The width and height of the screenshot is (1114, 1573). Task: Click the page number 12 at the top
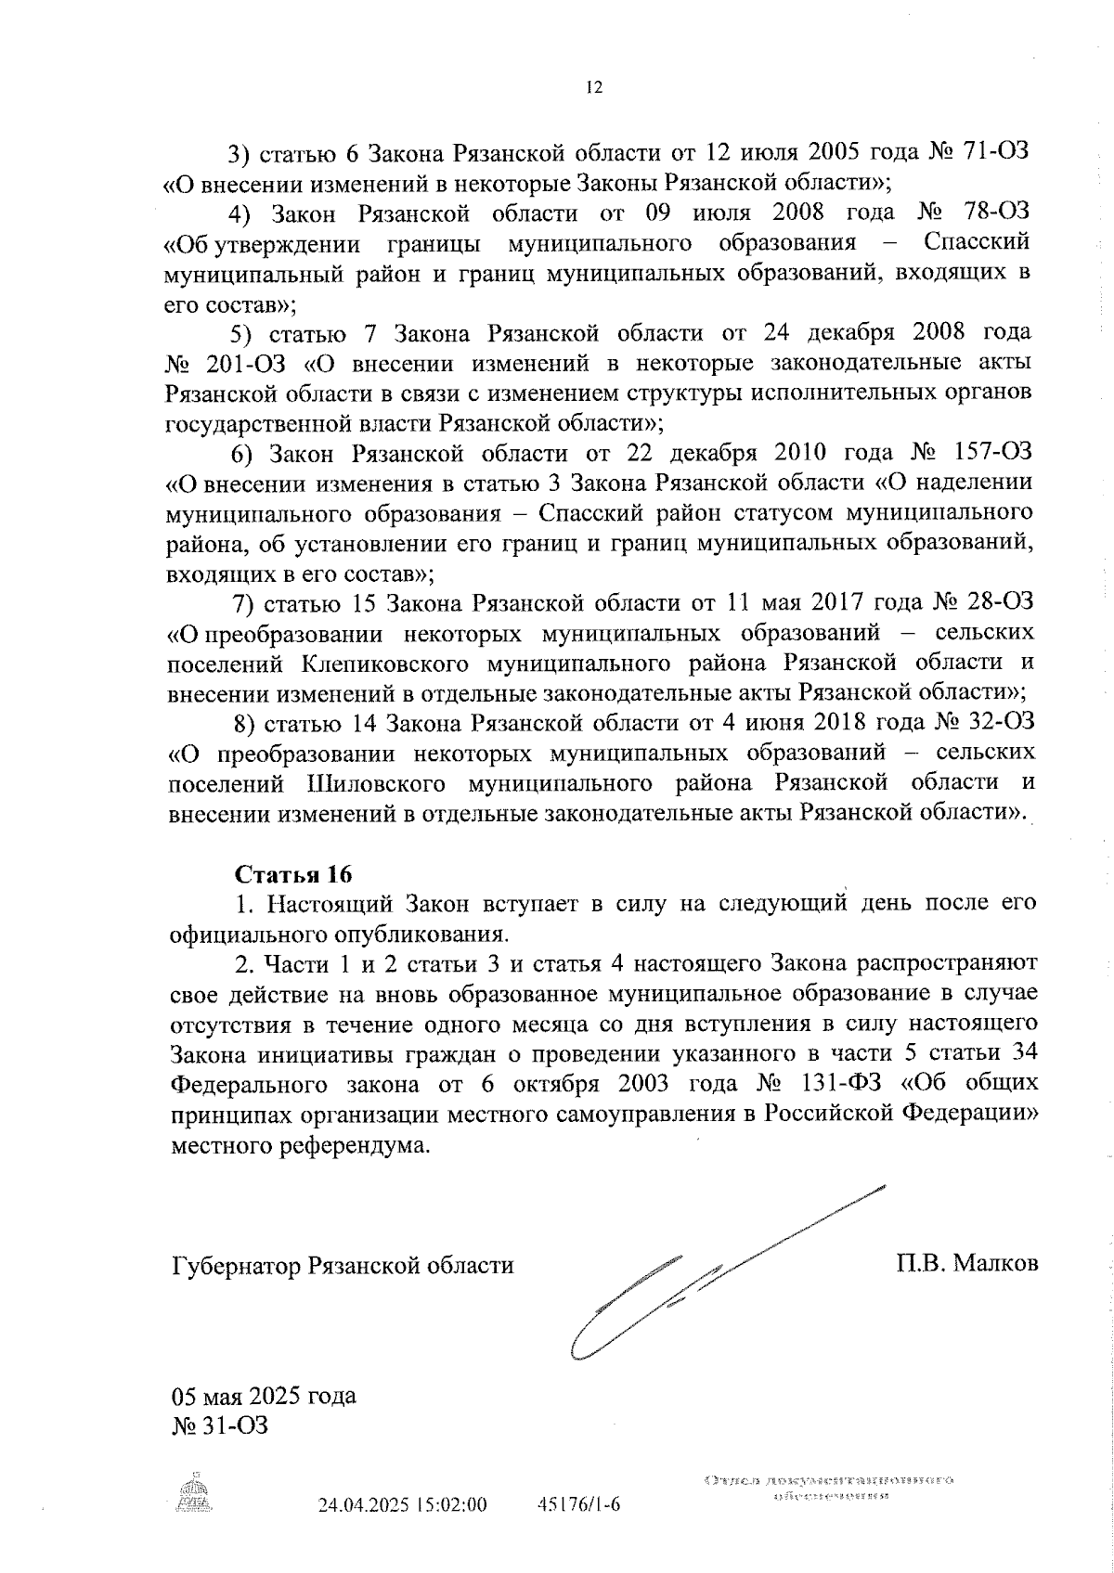point(594,87)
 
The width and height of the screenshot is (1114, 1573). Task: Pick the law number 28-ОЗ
point(996,603)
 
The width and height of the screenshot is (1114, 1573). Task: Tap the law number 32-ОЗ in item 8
point(998,721)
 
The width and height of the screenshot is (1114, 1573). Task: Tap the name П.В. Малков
point(966,1264)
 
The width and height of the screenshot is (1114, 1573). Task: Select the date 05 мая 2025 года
point(264,1397)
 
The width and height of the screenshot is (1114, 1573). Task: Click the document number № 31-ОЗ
point(220,1425)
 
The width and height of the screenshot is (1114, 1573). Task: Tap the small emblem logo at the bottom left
point(194,1495)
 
